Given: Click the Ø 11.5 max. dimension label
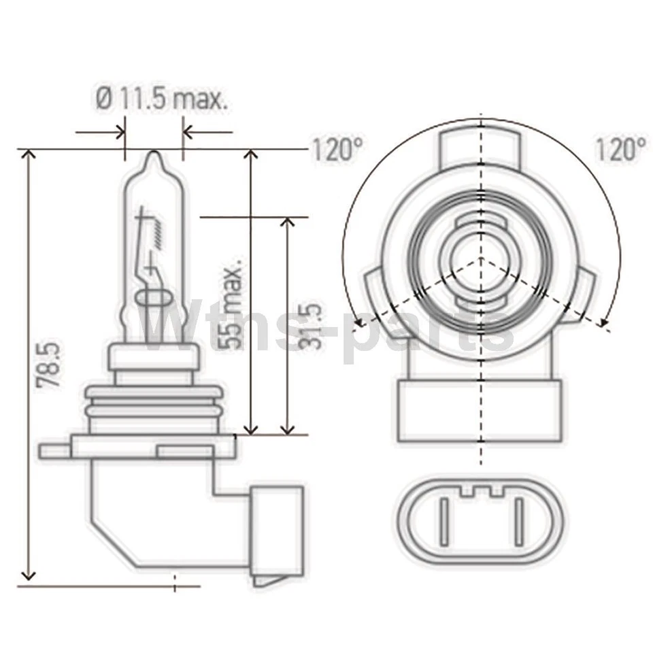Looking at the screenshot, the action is (162, 99).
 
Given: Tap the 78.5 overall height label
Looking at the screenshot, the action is (49, 365).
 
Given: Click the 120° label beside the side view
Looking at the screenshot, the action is (338, 150).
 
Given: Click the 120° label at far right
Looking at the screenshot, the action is (621, 149).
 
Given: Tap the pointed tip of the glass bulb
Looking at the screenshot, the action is (154, 152).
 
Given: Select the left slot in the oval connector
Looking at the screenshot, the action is (444, 522).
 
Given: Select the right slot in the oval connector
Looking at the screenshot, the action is (519, 522).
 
